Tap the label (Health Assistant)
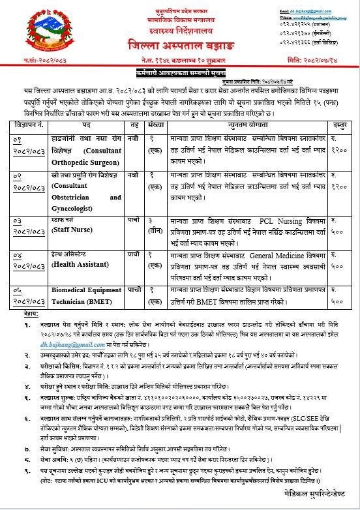click(81, 263)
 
